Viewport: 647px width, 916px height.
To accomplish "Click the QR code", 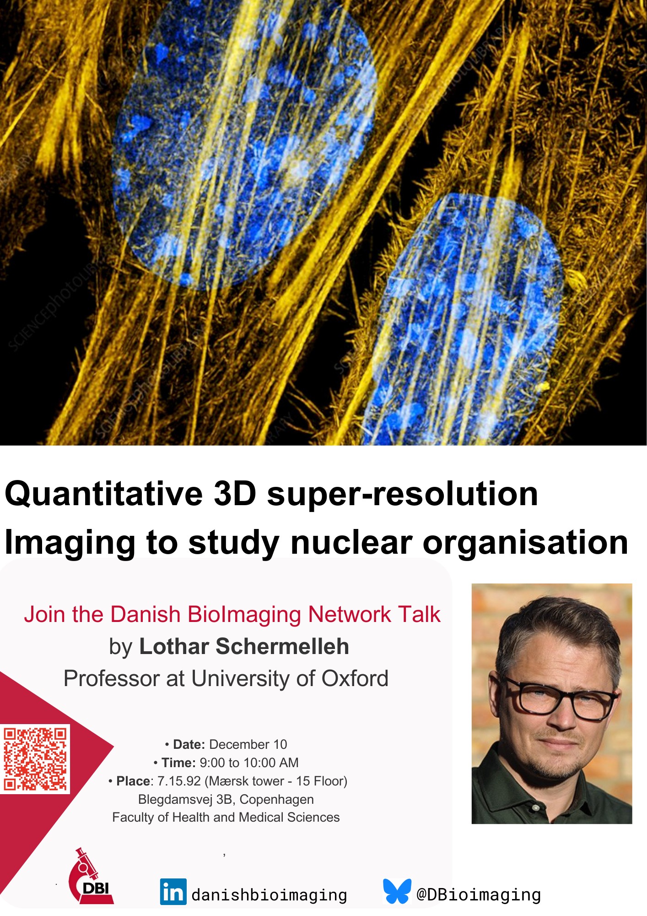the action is point(35,759).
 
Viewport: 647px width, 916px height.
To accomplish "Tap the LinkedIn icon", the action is point(173,892).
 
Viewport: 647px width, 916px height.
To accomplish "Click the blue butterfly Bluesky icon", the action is point(397,891).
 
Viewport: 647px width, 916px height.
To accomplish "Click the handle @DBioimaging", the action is point(479,894).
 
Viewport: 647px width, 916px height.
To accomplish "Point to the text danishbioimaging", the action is point(269,895).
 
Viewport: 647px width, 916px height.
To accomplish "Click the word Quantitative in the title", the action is point(104,494).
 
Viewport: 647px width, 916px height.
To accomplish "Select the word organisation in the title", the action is point(525,543).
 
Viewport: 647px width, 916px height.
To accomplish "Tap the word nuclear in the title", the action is point(351,542).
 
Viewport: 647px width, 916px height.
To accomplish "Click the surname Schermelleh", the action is point(282,646).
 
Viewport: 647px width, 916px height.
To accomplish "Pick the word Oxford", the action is point(355,678).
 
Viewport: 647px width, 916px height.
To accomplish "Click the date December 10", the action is point(248,744).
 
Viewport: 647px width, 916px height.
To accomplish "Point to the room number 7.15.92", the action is point(179,781).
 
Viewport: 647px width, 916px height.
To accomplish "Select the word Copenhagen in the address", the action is point(276,800).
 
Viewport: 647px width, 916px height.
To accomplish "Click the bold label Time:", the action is point(178,763).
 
